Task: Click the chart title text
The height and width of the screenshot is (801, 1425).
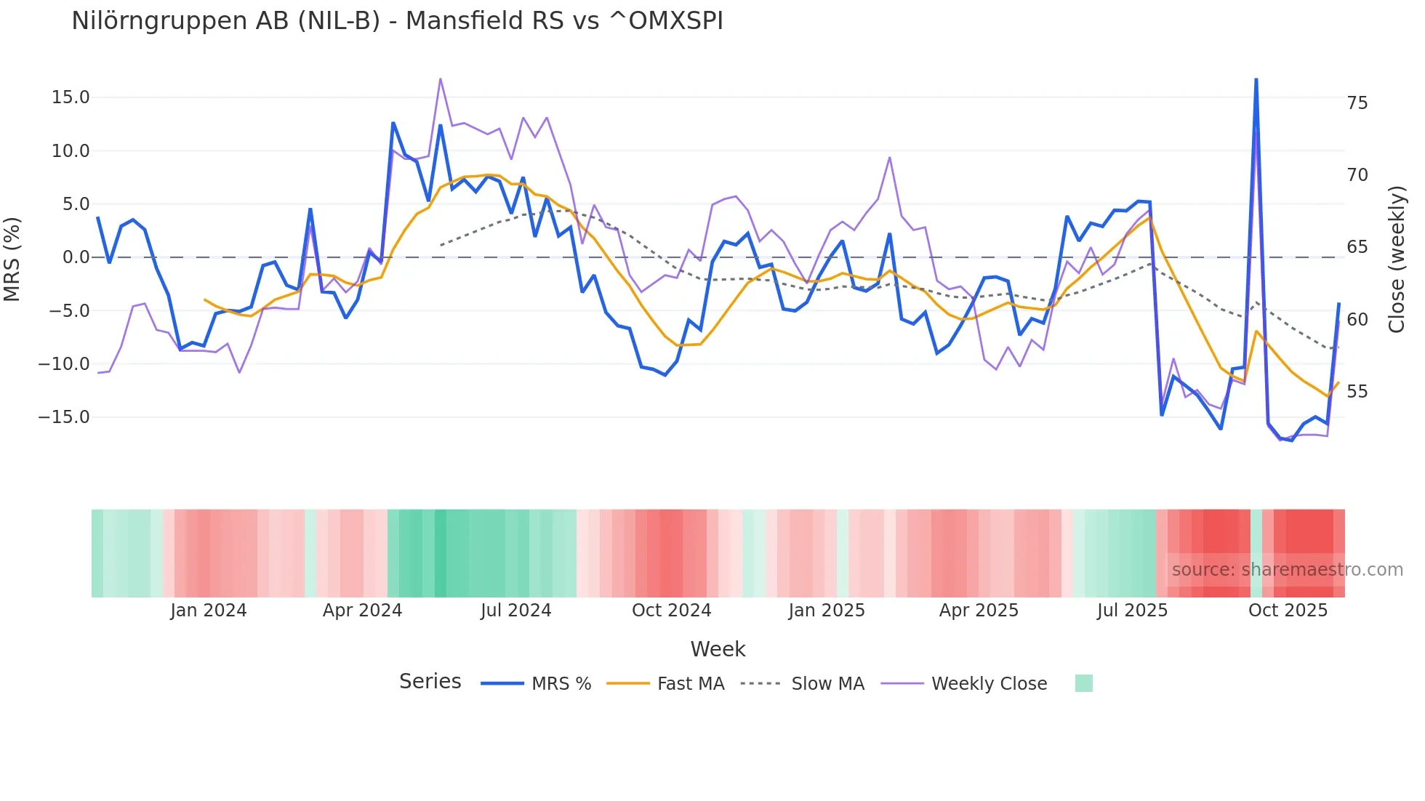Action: click(x=397, y=20)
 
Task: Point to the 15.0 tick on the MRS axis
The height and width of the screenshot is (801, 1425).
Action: click(x=71, y=97)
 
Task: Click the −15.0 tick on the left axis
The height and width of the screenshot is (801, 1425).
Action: click(x=64, y=417)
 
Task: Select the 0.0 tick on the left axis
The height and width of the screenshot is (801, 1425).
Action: click(x=76, y=257)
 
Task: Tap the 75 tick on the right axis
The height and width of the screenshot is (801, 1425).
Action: click(x=1357, y=103)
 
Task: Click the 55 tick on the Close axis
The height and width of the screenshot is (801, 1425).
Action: click(x=1357, y=392)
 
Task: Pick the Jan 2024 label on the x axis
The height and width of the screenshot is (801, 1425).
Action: click(x=209, y=611)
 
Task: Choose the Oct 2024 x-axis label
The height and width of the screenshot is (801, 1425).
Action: click(x=671, y=611)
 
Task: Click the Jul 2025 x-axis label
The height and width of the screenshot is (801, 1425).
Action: click(x=1132, y=611)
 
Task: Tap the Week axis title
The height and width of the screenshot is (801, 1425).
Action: click(x=718, y=649)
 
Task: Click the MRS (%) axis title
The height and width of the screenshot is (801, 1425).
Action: click(x=12, y=259)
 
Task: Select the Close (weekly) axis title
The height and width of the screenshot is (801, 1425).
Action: click(x=1396, y=259)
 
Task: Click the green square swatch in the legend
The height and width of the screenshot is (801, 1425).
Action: click(x=1083, y=683)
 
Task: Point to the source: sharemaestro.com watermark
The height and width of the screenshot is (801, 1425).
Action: click(x=1287, y=570)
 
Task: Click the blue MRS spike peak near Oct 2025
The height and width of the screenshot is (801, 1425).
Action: click(x=1256, y=79)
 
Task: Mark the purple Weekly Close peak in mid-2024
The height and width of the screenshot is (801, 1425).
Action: click(x=441, y=79)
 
